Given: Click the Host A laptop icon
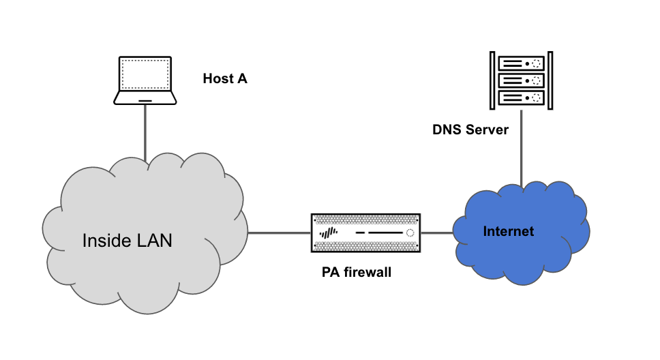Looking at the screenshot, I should pos(145,80).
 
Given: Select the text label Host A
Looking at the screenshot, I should pos(225,78).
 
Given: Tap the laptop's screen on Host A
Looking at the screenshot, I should pos(145,74).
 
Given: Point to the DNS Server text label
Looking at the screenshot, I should pos(470,129).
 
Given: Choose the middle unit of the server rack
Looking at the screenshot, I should pos(522,80).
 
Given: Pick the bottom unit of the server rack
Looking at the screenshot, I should pos(522,97).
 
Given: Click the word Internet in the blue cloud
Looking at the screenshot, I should pos(508,231).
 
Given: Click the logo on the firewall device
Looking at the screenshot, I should pos(329,233).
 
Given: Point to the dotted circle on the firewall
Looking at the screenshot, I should pos(410,233).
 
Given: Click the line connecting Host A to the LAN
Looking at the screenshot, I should pos(145,130).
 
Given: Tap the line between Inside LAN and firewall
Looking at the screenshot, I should pos(280,232).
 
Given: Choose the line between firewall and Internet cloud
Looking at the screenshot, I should pos(437,232).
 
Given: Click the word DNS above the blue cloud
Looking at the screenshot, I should pos(447,129).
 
